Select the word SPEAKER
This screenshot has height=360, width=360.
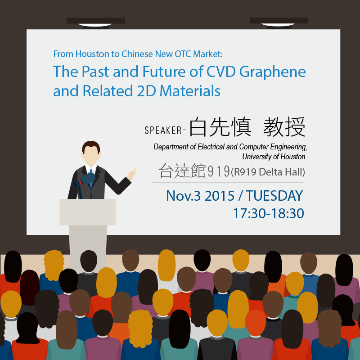click(163, 130)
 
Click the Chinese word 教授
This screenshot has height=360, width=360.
click(284, 127)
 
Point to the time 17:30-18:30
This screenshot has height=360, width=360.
click(268, 213)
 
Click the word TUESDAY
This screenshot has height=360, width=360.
click(274, 196)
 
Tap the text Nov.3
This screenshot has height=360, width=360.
click(183, 196)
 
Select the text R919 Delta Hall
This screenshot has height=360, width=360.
click(268, 172)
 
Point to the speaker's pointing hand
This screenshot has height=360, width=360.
click(131, 174)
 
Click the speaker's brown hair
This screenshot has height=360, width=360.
click(91, 146)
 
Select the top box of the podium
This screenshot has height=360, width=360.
click(87, 212)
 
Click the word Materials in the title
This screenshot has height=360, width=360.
click(190, 91)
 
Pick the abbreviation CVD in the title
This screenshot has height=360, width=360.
click(221, 72)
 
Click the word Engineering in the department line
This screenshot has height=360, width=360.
click(288, 147)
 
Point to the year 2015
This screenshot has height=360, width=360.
click(220, 196)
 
